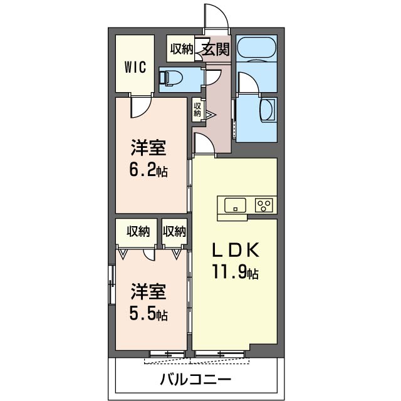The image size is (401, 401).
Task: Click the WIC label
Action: coord(135,67)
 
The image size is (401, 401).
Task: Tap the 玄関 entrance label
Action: coord(216,49)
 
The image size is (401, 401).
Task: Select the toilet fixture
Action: coord(170,78)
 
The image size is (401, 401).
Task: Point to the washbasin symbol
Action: coord(268,110)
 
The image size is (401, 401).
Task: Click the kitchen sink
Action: coord(235,205)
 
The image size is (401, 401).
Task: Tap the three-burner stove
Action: coord(264,206)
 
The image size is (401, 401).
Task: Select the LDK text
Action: coord(236,249)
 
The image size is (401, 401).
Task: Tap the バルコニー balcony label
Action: coord(195,379)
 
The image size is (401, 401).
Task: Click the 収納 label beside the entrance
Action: coord(182,49)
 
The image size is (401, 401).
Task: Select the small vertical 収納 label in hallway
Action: coord(197,110)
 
